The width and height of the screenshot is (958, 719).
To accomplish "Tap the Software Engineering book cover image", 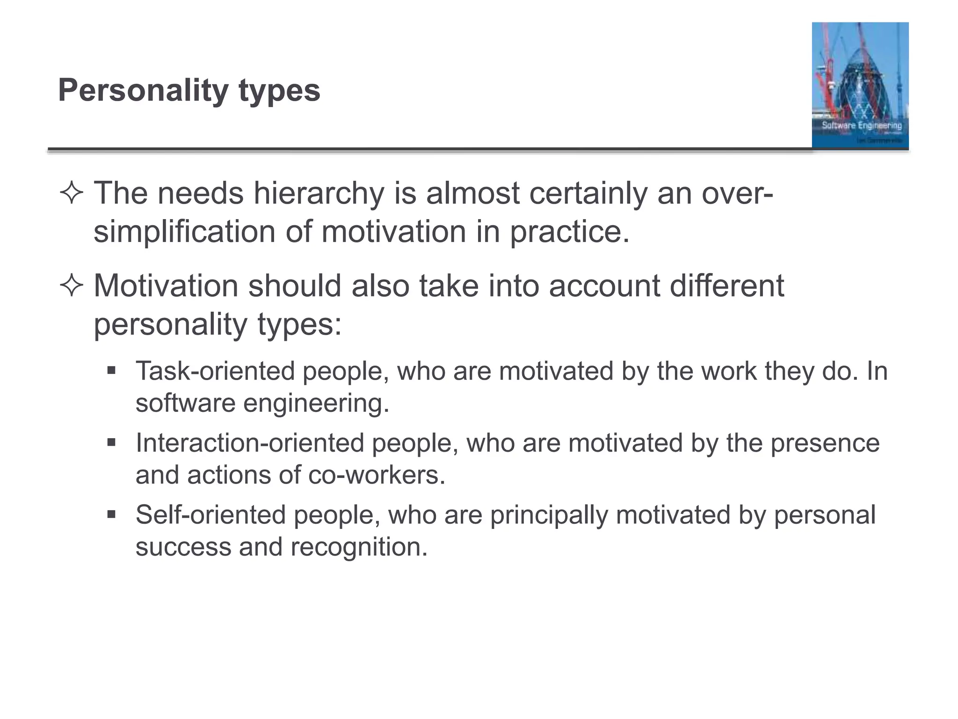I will coord(860,85).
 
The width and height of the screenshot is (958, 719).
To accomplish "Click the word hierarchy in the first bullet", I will coord(318,193).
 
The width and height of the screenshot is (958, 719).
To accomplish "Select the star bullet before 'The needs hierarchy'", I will coord(72,193).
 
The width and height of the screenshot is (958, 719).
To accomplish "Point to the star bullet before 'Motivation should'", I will coord(72,286).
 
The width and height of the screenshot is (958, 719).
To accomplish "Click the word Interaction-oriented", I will coord(250,443).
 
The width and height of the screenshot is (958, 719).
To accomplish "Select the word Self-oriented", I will coord(210,515).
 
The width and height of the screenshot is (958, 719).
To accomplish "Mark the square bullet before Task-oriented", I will coord(111,371).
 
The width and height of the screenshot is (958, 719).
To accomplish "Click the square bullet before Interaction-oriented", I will coord(111,442).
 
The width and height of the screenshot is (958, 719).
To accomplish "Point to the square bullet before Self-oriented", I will coord(111,515).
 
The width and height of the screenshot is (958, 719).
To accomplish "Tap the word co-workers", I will coord(376,475).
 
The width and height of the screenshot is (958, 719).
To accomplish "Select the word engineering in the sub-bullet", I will coord(316,403).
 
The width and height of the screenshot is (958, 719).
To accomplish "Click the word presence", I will coord(825,443).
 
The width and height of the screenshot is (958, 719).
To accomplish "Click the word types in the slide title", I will coord(279,90).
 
